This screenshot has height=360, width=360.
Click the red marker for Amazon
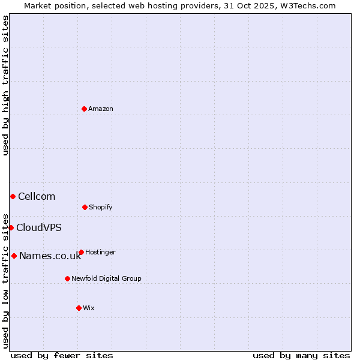click(x=85, y=109)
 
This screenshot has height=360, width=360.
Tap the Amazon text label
click(x=101, y=109)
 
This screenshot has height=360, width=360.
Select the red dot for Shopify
click(x=85, y=207)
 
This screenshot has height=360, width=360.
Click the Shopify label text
click(x=101, y=207)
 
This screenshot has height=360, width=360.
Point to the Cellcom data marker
click(x=13, y=196)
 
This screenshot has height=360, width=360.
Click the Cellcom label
click(x=37, y=196)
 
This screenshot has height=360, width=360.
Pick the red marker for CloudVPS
click(x=11, y=227)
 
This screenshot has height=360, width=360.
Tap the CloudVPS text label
click(x=39, y=227)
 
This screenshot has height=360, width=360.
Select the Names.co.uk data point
click(x=14, y=256)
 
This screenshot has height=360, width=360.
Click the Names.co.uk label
click(x=50, y=256)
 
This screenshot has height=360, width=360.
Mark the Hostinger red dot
click(x=81, y=252)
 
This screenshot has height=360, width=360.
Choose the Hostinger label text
click(x=100, y=252)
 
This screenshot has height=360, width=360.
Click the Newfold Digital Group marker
click(x=67, y=278)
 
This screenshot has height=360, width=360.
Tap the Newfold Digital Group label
click(x=106, y=278)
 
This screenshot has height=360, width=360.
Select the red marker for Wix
click(x=79, y=308)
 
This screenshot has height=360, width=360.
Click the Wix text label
click(x=89, y=308)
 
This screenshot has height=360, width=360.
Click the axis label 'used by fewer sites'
click(x=62, y=355)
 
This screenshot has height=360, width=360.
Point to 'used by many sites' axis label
click(x=301, y=355)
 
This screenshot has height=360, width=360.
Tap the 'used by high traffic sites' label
click(x=5, y=85)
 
